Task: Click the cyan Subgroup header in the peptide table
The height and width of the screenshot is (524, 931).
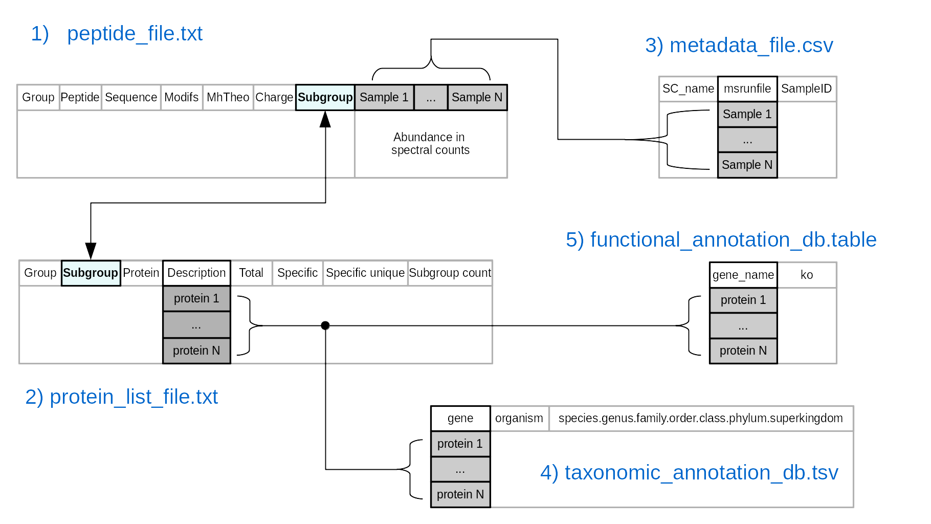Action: coord(325,97)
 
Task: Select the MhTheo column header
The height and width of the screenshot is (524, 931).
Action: coord(228,97)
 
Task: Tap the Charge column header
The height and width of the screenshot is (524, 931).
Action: coord(274,97)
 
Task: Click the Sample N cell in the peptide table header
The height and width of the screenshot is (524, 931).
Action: coord(477,97)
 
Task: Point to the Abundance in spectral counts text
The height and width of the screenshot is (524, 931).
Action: coord(430,144)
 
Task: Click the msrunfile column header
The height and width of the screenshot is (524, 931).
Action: coord(747,89)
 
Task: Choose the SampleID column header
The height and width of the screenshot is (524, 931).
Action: coord(806,89)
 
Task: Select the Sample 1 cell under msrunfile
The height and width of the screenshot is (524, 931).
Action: coord(747,114)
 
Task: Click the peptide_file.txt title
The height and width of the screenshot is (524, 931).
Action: coord(135,34)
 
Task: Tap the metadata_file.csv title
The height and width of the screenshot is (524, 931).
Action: coord(751,46)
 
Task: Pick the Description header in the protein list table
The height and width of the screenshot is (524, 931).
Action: coord(196,273)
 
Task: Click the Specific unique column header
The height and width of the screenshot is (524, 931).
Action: coord(365,273)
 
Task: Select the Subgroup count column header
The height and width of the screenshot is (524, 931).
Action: coord(450,273)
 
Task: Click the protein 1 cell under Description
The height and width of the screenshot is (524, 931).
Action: coord(196,298)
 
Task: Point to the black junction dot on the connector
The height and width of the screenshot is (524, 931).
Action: coord(325,325)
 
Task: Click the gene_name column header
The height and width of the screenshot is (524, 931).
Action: coord(743,275)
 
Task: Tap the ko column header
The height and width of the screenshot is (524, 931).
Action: coord(807,275)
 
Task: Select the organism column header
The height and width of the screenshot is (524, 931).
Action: coord(519,418)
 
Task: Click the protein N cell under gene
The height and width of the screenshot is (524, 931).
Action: coord(460,494)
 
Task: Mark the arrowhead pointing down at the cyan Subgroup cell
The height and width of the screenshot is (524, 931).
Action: coord(91,251)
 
